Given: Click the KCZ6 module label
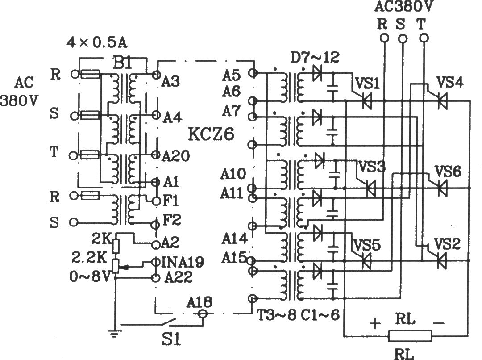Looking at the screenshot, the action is point(211,134).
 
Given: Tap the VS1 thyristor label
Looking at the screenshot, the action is point(367,83).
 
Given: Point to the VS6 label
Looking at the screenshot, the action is point(448,171).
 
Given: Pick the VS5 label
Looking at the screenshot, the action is point(367,245).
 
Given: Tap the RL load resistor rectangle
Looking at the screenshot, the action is point(410,335).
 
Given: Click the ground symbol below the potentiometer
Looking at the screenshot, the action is point(114,334).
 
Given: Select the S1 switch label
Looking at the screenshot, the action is point(171,340).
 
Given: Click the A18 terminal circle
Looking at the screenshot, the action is point(202,314).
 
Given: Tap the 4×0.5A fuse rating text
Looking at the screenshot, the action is point(97,43).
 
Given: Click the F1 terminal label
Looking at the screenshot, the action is point(170,201).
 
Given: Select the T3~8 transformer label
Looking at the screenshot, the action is point(276,314).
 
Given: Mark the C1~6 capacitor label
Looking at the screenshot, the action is point(320,314).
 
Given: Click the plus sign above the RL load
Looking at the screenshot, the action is point(375,323).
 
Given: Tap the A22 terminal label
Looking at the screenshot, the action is point(178,277).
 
